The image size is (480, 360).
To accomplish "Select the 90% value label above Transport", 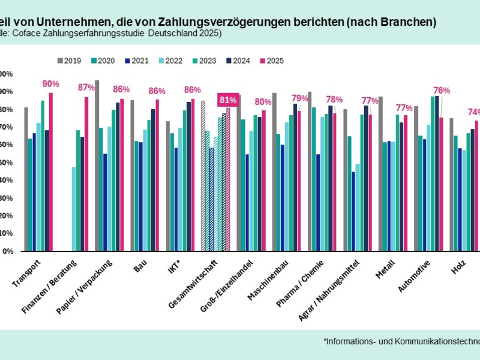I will pyautogui.click(x=50, y=84).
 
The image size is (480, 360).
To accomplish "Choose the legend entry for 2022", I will pyautogui.click(x=172, y=61).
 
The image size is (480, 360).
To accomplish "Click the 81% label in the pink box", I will pyautogui.click(x=228, y=100).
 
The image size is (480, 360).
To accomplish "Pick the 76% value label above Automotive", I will pyautogui.click(x=442, y=91).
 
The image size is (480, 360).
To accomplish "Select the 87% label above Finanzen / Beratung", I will pyautogui.click(x=86, y=88).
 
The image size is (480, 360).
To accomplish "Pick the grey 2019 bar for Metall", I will pyautogui.click(x=380, y=173).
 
